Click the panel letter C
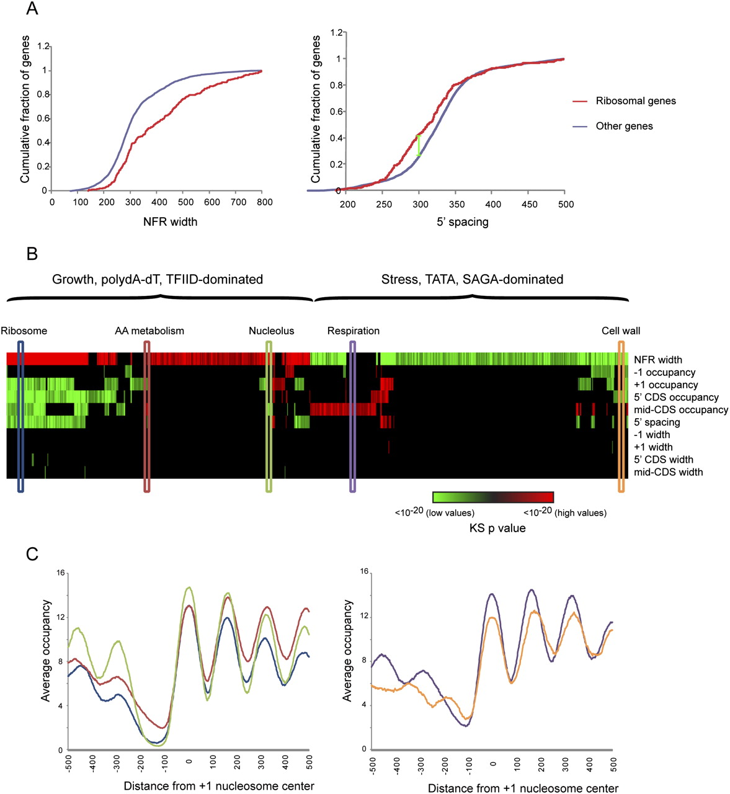(x=33, y=554)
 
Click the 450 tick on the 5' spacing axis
(x=528, y=204)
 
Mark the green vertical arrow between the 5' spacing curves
(x=419, y=146)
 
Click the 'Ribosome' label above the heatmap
(x=24, y=331)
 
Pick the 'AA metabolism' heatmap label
(x=149, y=331)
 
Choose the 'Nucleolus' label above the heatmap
(x=271, y=331)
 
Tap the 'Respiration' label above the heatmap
(x=354, y=331)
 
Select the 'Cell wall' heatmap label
(x=621, y=331)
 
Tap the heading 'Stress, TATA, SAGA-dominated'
(x=472, y=280)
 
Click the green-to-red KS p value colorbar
(x=493, y=497)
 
